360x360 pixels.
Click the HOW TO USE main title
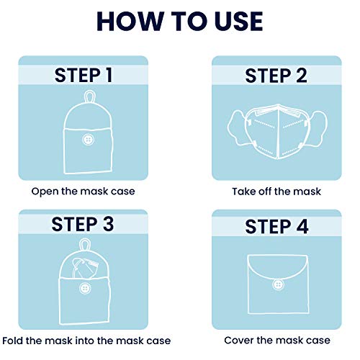(x=179, y=20)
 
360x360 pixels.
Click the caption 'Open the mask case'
(x=82, y=192)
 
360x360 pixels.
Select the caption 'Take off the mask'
(x=276, y=192)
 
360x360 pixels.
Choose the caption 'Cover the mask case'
(x=276, y=340)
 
